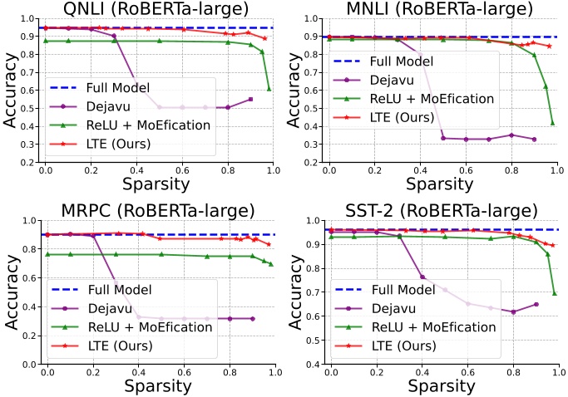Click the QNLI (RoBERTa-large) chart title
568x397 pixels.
pos(156,8)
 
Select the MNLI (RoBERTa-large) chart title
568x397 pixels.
pos(440,8)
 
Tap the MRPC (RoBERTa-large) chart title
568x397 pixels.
pos(158,211)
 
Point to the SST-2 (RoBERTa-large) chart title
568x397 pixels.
pos(442,211)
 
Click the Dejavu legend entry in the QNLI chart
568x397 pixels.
pos(108,106)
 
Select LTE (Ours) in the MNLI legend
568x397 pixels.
pos(402,117)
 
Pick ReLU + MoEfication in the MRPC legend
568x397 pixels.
pos(150,327)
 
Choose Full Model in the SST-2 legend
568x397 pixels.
pos(403,290)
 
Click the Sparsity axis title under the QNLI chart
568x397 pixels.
pos(156,184)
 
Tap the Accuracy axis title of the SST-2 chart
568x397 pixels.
pos(296,292)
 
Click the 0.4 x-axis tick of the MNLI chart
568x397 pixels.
pos(420,169)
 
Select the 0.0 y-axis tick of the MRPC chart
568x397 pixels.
pos(29,365)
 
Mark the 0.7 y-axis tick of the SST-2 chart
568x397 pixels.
pos(314,292)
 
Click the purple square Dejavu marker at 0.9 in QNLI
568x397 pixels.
pos(250,99)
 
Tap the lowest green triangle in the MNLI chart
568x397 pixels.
pos(553,123)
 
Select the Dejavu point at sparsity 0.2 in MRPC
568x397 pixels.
pos(93,236)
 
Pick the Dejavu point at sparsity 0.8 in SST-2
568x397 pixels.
pos(513,312)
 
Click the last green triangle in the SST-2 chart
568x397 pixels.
pos(555,293)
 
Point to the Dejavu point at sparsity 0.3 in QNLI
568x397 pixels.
pos(114,36)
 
